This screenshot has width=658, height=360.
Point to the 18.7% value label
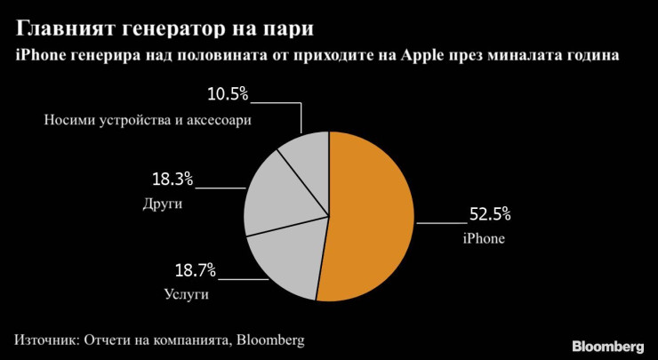coord(195,270)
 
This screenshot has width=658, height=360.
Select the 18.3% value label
coord(173,179)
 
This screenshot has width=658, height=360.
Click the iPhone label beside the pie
coord(483,238)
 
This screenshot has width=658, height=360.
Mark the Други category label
coord(162,204)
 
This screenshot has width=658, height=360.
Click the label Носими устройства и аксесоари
coord(143,120)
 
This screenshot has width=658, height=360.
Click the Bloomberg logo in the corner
coord(606,345)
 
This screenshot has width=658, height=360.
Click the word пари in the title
coord(290,28)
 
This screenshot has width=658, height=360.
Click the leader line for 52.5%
coord(440,222)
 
